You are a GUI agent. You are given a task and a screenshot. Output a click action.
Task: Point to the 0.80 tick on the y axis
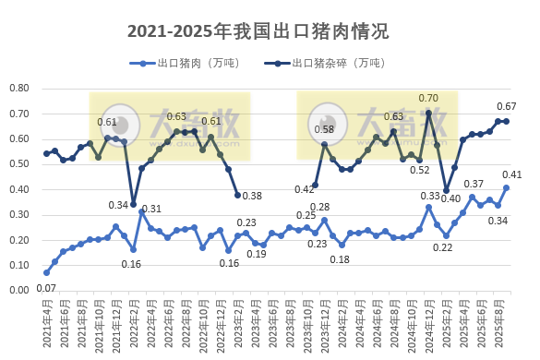(x=19, y=89)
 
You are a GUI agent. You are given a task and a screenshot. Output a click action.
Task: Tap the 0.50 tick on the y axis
(x=19, y=164)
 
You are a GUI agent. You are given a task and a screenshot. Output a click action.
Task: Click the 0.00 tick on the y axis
(x=19, y=290)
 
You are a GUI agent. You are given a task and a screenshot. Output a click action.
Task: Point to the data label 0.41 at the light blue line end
(x=512, y=174)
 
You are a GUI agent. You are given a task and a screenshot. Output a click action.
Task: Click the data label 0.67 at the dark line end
(x=507, y=106)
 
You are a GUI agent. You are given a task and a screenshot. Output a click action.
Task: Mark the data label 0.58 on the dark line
(x=324, y=129)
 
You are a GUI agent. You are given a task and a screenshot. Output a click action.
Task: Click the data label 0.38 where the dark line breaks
(x=252, y=196)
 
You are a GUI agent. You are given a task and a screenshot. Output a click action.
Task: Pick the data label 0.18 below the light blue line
(x=341, y=259)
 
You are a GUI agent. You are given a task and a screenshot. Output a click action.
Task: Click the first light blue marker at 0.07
(x=46, y=272)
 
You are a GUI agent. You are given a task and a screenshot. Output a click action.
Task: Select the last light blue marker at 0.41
(x=507, y=187)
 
